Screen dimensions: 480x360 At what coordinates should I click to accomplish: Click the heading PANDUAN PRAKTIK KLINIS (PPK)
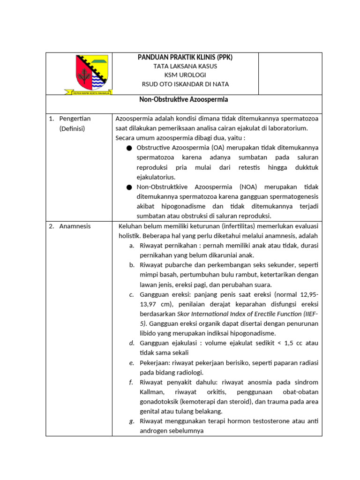click(x=185, y=57)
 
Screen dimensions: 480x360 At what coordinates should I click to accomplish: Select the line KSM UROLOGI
click(x=185, y=75)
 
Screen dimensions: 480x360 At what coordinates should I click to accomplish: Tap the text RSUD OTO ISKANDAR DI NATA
click(x=185, y=84)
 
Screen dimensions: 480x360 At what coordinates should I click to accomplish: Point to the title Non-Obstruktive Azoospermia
click(x=183, y=99)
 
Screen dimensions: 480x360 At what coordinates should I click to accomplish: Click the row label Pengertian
click(x=75, y=119)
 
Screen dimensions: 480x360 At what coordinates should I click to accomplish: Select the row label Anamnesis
click(x=75, y=226)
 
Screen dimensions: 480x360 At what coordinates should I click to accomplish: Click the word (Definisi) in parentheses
click(x=72, y=128)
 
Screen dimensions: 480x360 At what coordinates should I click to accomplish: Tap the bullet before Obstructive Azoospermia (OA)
click(x=129, y=148)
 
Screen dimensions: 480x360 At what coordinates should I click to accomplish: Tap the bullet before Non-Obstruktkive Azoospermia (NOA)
click(x=129, y=187)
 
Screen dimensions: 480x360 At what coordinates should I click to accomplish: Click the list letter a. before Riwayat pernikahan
click(x=132, y=246)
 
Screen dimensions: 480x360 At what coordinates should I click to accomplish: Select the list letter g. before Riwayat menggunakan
click(x=132, y=421)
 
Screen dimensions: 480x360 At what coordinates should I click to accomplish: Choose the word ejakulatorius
click(x=156, y=177)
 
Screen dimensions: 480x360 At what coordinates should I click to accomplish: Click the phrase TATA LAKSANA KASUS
click(x=185, y=66)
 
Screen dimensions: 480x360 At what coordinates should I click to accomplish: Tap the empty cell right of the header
click(x=290, y=73)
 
